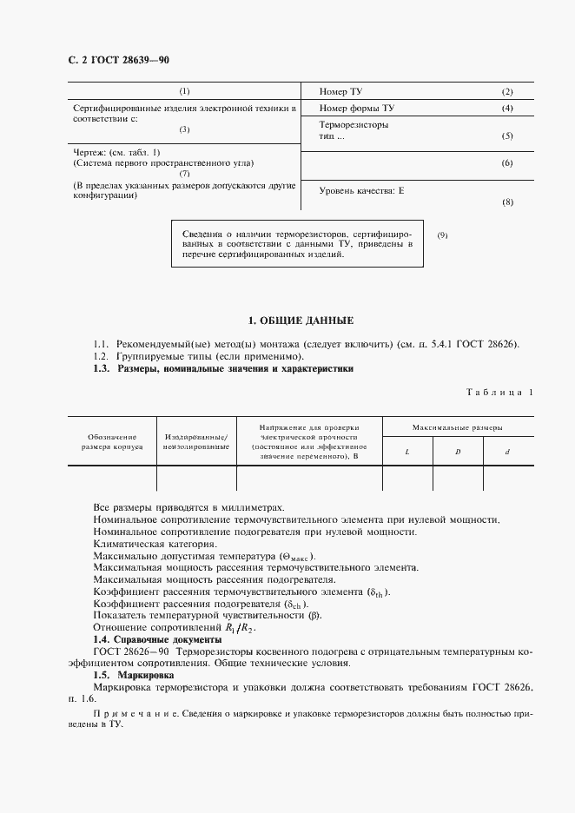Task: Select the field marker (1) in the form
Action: pyautogui.click(x=184, y=92)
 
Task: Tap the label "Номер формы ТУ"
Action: pyautogui.click(x=357, y=109)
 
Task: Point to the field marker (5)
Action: pyautogui.click(x=507, y=136)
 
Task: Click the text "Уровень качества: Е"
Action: pyautogui.click(x=362, y=189)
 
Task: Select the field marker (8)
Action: pyautogui.click(x=507, y=202)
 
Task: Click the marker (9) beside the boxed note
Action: pyautogui.click(x=442, y=235)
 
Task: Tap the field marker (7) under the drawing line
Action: pyautogui.click(x=184, y=173)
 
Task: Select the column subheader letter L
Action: pyautogui.click(x=407, y=452)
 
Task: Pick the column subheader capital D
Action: pyautogui.click(x=457, y=452)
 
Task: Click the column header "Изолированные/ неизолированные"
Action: pyautogui.click(x=195, y=440)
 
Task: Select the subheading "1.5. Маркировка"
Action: pyautogui.click(x=133, y=675)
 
